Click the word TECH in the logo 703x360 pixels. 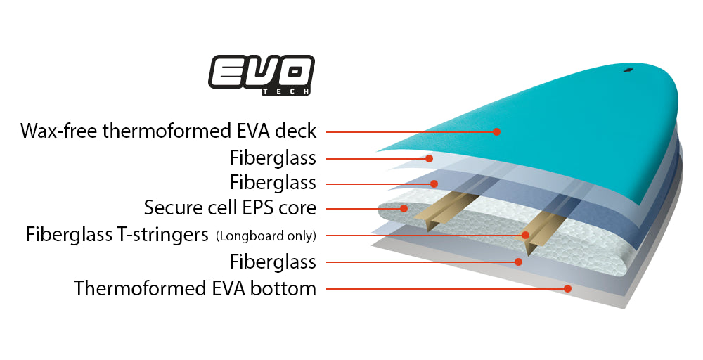coord(285,91)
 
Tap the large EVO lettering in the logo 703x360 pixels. coord(262,72)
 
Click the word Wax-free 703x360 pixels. coord(59,131)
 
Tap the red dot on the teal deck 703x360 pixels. coord(496,131)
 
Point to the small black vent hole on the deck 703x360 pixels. coord(628,70)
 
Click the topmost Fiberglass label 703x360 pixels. coord(273,157)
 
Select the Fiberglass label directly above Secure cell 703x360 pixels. coord(273,183)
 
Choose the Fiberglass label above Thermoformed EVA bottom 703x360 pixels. coord(273,262)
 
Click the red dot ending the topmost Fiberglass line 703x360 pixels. coord(429,158)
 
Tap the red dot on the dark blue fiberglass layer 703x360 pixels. coord(434,184)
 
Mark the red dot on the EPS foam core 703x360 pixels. coord(404,208)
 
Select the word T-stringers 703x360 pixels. coord(162,235)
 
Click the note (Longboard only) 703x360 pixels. coord(266,236)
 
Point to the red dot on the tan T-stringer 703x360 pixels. coord(525,235)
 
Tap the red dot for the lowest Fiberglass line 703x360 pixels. coord(518,262)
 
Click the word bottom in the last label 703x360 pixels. coord(283,288)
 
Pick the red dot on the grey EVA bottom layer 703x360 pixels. coord(567,288)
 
